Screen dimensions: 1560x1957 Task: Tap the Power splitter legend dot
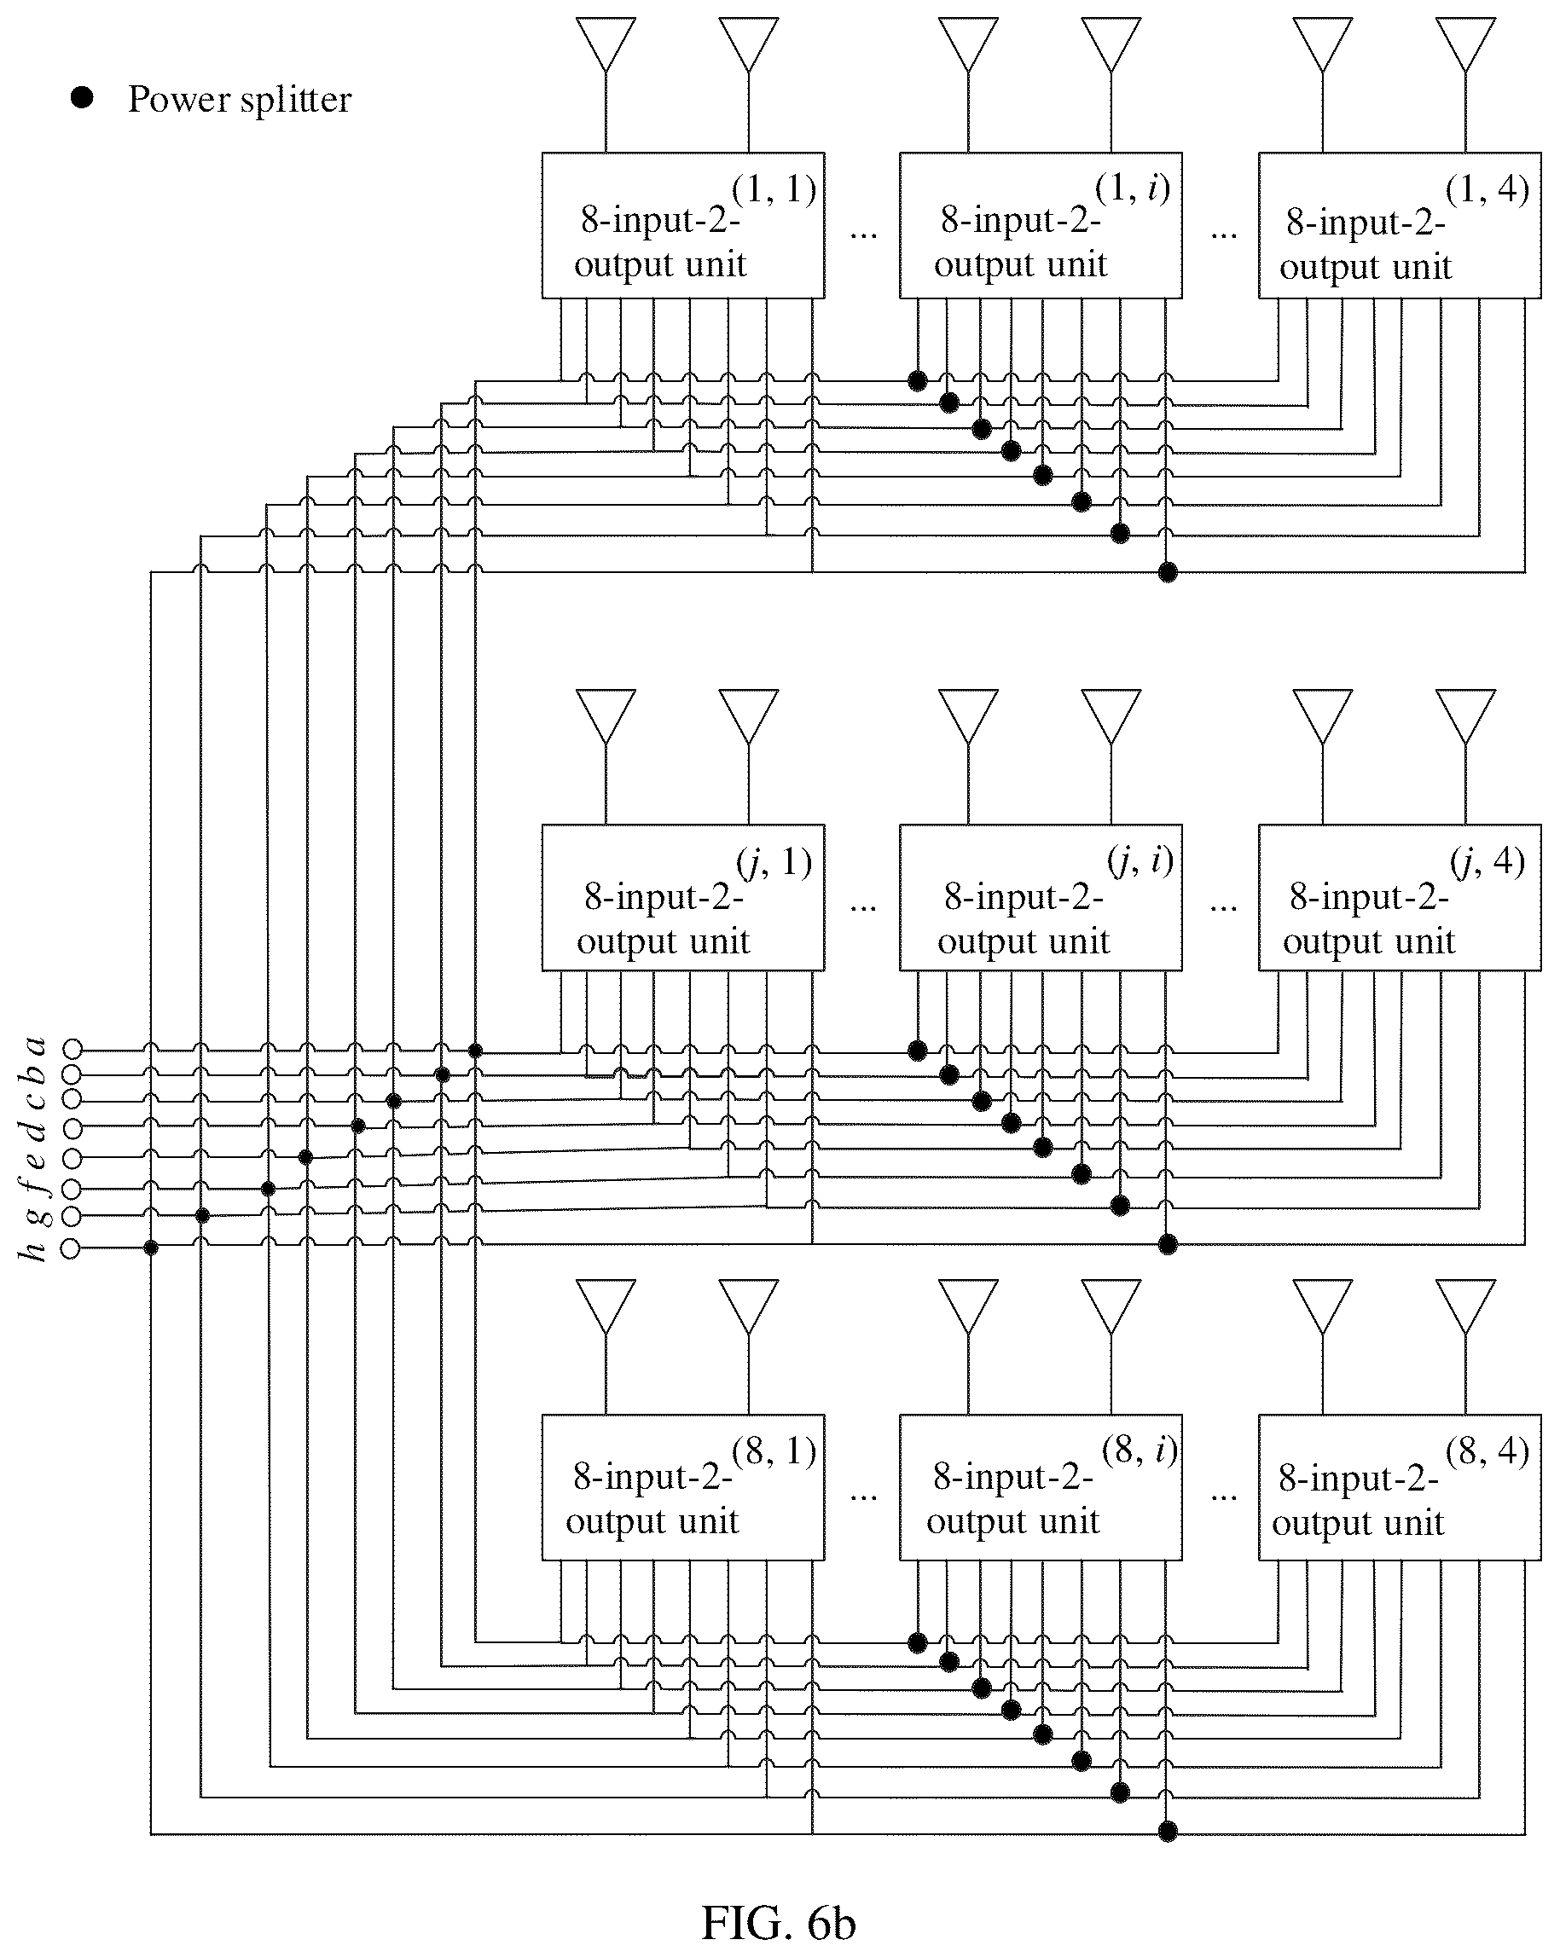tap(83, 98)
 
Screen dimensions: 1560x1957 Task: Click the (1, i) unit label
tap(1133, 188)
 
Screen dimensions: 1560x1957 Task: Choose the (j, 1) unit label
tap(774, 862)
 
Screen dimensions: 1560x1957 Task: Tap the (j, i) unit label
tap(1140, 860)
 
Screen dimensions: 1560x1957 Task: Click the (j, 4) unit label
tap(1488, 861)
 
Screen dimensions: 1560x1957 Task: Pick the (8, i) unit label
tap(1140, 1450)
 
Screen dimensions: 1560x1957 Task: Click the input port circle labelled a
tap(72, 1050)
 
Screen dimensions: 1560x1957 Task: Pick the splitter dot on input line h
tap(151, 1248)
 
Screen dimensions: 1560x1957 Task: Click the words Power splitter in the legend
tap(239, 99)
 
